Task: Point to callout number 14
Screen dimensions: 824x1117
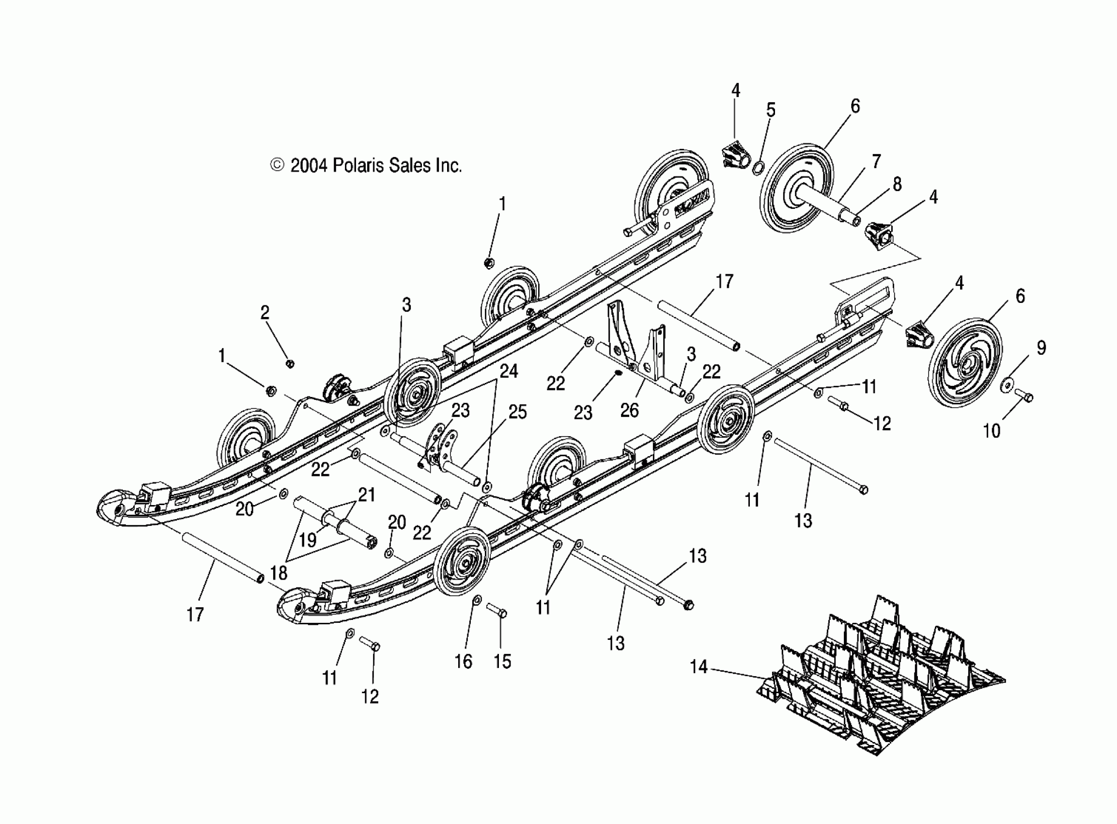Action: pyautogui.click(x=698, y=666)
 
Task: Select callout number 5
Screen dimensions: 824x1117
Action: pyautogui.click(x=771, y=110)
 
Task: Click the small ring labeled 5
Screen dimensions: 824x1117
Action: pyautogui.click(x=757, y=168)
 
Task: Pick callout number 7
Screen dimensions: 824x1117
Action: pyautogui.click(x=876, y=161)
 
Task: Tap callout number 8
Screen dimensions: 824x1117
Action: pyautogui.click(x=897, y=184)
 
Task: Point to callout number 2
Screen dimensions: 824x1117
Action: pyautogui.click(x=264, y=313)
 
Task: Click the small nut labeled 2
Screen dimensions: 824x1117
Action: pyautogui.click(x=290, y=363)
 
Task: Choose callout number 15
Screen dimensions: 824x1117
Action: pyautogui.click(x=502, y=662)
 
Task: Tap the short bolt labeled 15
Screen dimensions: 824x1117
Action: pyautogui.click(x=496, y=611)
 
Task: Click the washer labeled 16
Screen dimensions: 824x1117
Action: pyautogui.click(x=477, y=599)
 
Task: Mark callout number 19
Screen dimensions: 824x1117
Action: pyautogui.click(x=308, y=539)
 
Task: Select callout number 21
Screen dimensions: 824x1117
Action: pyautogui.click(x=366, y=495)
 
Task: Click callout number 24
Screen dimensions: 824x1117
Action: pyautogui.click(x=509, y=371)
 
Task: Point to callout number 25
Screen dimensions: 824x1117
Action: pyautogui.click(x=517, y=412)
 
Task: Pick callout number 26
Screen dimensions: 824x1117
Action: pyautogui.click(x=630, y=410)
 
